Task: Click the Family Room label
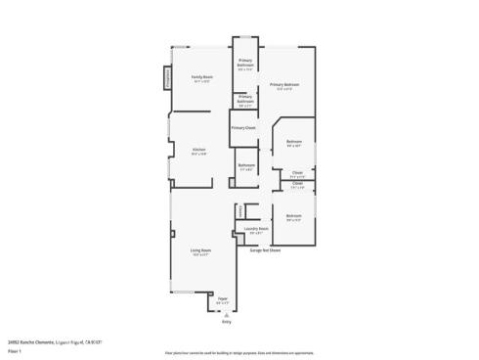[x=202, y=77]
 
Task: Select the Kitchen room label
[x=198, y=150]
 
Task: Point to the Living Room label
[x=201, y=251]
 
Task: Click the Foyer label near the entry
[x=222, y=298]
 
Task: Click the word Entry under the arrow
[x=226, y=321]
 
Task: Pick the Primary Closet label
[x=243, y=128]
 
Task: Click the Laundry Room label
[x=256, y=230]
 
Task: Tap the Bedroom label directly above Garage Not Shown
[x=293, y=216]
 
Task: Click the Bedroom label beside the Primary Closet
[x=293, y=143]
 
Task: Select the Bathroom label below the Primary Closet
[x=246, y=165]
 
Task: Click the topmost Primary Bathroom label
[x=245, y=62]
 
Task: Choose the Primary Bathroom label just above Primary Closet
[x=245, y=98]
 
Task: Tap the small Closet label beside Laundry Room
[x=239, y=210]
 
